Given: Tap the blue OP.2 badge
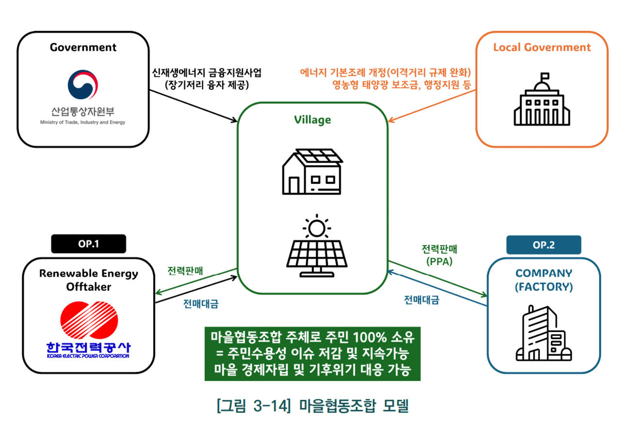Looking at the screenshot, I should pyautogui.click(x=543, y=245).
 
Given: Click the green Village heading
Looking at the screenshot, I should pyautogui.click(x=312, y=120).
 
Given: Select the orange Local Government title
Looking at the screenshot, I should pyautogui.click(x=542, y=47).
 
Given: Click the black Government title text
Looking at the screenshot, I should pyautogui.click(x=83, y=47).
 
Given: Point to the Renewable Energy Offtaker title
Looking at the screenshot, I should pyautogui.click(x=88, y=280).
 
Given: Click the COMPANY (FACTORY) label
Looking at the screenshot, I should pyautogui.click(x=543, y=280).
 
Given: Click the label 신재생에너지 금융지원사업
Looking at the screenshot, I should pyautogui.click(x=206, y=73).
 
